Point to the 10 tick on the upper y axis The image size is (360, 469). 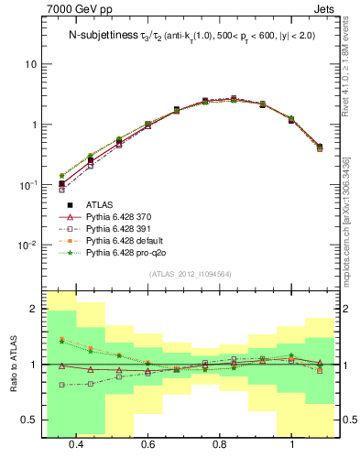[30, 64]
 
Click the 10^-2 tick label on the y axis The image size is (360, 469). [27, 245]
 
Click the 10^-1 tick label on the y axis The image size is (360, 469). [27, 184]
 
